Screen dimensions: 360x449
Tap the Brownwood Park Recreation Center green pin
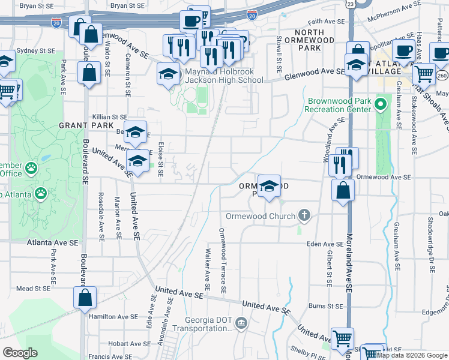(x=380, y=105)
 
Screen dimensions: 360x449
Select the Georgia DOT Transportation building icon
(x=241, y=324)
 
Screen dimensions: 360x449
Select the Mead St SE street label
(x=32, y=289)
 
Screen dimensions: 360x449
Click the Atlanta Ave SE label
(x=52, y=243)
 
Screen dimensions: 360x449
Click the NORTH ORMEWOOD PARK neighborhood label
(x=310, y=40)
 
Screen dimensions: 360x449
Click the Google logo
(x=20, y=353)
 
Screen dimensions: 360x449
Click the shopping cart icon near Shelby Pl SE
(x=343, y=338)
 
